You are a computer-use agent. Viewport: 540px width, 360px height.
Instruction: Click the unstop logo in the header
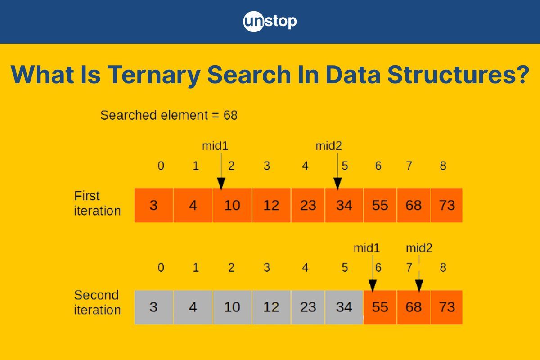tap(270, 22)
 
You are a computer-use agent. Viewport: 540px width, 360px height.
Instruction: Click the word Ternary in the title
tap(154, 75)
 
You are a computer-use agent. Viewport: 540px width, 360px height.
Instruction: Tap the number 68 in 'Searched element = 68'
tap(230, 115)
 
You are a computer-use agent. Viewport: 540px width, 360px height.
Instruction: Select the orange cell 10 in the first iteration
tap(232, 205)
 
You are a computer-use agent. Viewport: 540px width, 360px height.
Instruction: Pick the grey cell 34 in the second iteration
tap(344, 307)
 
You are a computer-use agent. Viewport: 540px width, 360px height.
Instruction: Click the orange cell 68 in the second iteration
tap(414, 307)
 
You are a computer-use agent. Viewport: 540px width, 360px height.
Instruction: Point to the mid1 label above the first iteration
tap(215, 146)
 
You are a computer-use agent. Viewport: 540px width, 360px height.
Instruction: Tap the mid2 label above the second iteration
tap(419, 248)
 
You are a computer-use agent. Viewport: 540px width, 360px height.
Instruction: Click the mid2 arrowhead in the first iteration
tap(337, 184)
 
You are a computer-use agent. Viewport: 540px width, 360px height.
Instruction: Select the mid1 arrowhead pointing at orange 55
tap(373, 286)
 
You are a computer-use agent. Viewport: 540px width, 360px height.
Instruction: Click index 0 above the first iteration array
tap(161, 166)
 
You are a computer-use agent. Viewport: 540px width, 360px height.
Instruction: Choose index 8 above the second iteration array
tap(443, 268)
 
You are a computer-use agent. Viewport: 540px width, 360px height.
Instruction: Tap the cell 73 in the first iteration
tap(447, 205)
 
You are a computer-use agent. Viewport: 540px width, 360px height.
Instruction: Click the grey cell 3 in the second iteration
tap(154, 307)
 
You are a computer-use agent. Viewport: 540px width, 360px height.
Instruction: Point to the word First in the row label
tap(87, 196)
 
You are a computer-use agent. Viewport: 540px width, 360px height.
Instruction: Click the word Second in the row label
tap(96, 295)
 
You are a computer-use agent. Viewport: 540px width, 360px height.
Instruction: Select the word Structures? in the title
tap(458, 75)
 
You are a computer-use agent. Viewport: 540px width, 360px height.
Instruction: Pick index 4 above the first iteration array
tap(305, 166)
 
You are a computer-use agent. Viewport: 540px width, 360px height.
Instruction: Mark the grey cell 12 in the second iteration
tap(271, 307)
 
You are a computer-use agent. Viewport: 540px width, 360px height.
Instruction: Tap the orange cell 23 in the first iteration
tap(308, 205)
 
